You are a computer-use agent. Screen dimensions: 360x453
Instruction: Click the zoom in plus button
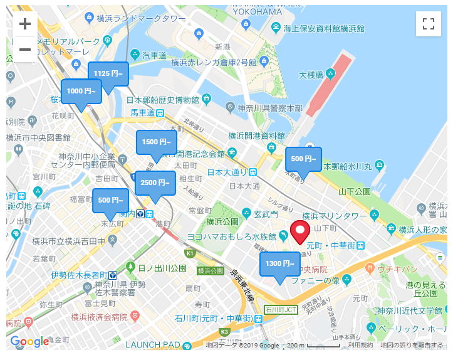pyautogui.click(x=25, y=24)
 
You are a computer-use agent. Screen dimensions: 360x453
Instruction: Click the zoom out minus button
pyautogui.click(x=25, y=49)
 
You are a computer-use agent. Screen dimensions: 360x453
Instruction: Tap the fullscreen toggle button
pyautogui.click(x=429, y=24)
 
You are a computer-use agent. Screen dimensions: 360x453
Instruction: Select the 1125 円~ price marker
pyautogui.click(x=108, y=73)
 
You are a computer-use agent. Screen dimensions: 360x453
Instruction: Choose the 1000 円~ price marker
pyautogui.click(x=81, y=91)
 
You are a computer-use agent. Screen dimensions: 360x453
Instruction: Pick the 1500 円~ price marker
pyautogui.click(x=157, y=142)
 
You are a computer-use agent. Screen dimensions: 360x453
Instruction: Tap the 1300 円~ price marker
pyautogui.click(x=280, y=263)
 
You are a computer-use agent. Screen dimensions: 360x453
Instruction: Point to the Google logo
pyautogui.click(x=29, y=342)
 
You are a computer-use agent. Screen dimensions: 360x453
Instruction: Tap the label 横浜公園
pyautogui.click(x=222, y=221)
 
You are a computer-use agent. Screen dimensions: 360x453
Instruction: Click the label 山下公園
pyautogui.click(x=355, y=191)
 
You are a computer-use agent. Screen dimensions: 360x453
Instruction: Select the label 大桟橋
pyautogui.click(x=311, y=75)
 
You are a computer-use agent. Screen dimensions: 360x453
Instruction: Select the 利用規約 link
pyautogui.click(x=361, y=345)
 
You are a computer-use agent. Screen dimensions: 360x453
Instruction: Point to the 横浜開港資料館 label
pyautogui.click(x=256, y=135)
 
